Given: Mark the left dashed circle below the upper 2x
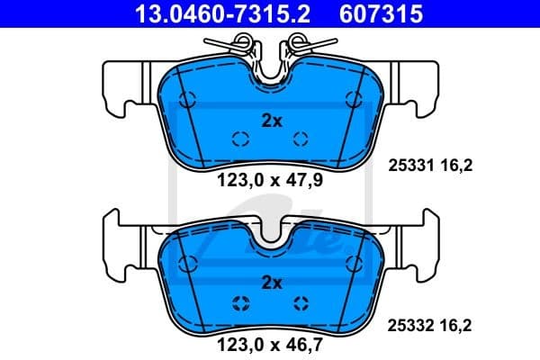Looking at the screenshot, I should click(x=240, y=138).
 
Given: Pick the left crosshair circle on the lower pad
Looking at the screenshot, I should click(x=240, y=302).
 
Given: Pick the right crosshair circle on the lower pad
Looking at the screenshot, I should click(x=301, y=302).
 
